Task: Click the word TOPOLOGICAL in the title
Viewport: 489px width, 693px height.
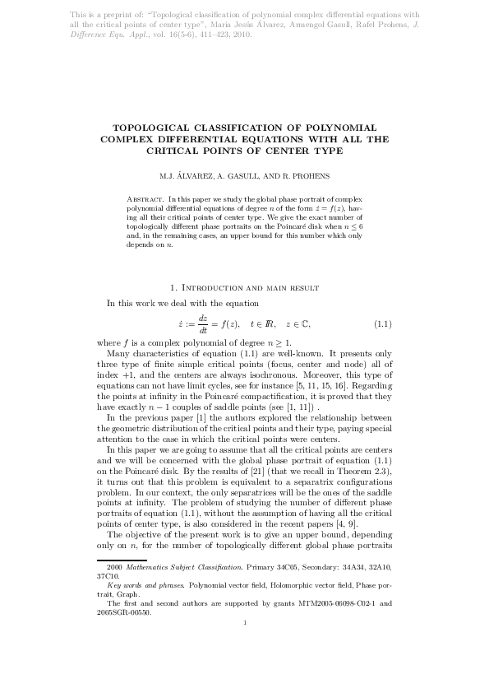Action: tap(155, 128)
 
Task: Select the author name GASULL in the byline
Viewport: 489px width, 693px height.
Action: tap(230, 176)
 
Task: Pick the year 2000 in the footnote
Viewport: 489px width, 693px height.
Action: tap(114, 567)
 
